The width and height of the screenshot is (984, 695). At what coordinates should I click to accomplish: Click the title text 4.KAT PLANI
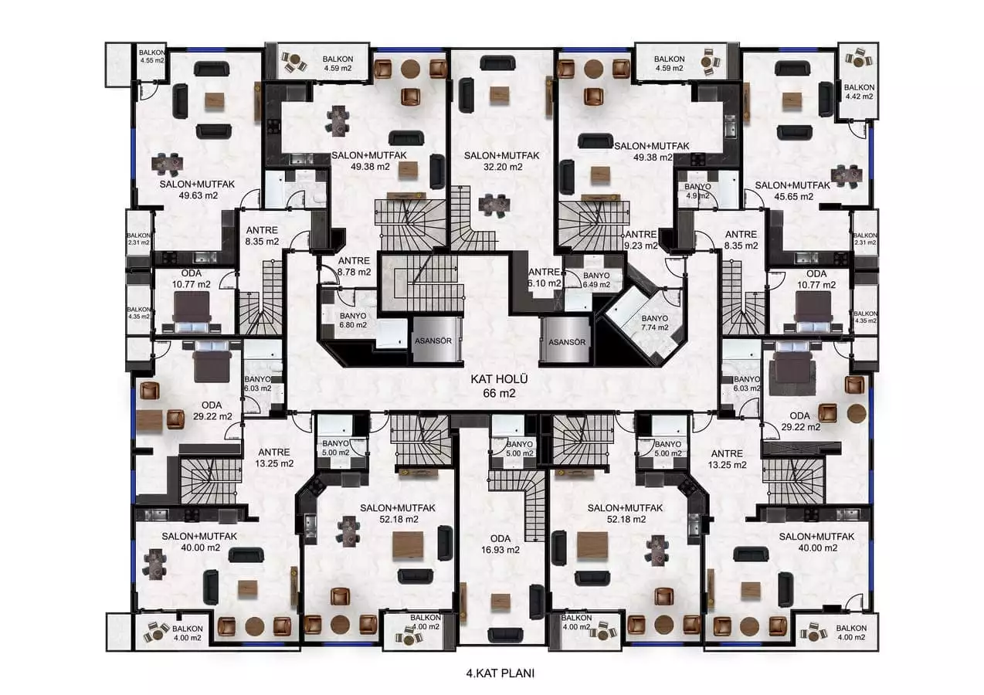500,673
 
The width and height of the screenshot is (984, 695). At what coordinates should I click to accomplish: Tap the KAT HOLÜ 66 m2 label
499,385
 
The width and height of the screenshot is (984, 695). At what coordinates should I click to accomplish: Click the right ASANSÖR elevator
566,341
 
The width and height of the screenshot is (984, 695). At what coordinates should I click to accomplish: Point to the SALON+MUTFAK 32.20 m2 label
502,161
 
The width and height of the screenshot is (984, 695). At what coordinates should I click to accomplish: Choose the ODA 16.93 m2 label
500,544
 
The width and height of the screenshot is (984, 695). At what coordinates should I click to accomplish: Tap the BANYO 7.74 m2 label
654,323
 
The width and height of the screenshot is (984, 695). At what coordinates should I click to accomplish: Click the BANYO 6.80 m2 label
353,320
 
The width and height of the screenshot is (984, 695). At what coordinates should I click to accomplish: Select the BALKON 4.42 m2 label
859,91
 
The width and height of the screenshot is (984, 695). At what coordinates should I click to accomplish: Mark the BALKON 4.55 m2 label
152,56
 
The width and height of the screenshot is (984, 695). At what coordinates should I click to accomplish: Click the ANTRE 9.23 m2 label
641,240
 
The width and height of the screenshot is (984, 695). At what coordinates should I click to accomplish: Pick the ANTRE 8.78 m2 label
354,266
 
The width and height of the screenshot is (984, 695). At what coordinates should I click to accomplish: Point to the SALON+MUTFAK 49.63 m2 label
197,190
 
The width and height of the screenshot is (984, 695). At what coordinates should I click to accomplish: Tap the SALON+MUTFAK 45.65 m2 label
793,191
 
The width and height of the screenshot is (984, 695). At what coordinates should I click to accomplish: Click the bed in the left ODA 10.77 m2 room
192,312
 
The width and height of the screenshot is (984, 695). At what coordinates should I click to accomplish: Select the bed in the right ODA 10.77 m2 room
813,313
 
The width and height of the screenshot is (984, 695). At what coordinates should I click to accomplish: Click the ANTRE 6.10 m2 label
545,278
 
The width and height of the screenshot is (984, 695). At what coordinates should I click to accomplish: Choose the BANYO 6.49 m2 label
596,280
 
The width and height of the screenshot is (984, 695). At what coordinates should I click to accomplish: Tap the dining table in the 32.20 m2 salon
494,205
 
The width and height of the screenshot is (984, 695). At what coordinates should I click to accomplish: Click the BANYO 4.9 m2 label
697,191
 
